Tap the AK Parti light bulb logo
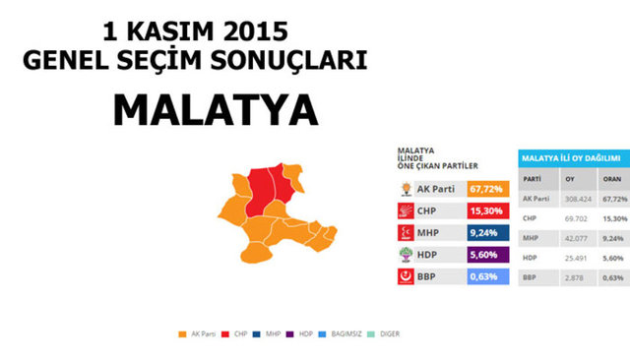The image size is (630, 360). point(405,188)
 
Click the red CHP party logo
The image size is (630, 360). point(405,210)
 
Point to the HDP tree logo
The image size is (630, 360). point(405,255)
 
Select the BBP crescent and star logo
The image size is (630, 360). point(405,276)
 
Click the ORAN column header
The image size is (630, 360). point(611,179)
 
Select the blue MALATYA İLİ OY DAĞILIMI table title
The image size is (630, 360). point(570,158)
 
